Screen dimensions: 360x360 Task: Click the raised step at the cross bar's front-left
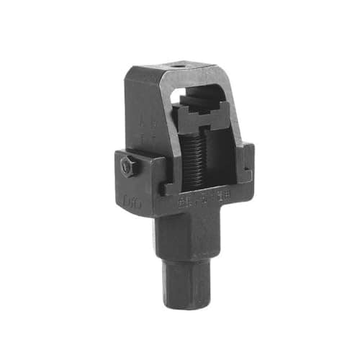click(168, 189)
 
